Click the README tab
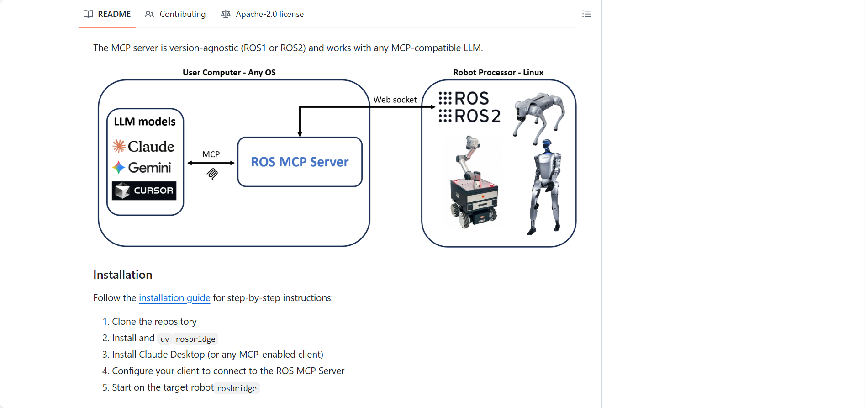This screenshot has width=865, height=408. coord(107,14)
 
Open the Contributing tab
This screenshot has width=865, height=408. coord(175,14)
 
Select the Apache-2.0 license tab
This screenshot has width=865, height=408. coord(263,14)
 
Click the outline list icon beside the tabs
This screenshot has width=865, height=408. coord(586,14)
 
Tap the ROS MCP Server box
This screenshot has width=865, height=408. coord(300,162)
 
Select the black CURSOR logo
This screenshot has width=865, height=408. coord(144,191)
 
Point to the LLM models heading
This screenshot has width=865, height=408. coord(145,122)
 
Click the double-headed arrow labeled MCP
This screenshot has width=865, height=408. coord(211,163)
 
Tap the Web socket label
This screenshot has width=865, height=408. coord(395,100)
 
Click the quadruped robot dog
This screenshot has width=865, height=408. coord(539,114)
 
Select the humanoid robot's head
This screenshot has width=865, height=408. coord(546,147)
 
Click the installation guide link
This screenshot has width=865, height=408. coord(174,298)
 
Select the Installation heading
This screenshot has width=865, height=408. coord(123,275)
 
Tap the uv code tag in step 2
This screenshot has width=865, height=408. coord(165,339)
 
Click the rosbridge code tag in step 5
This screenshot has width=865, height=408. coord(237,388)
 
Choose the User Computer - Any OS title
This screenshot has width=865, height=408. coord(229,73)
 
